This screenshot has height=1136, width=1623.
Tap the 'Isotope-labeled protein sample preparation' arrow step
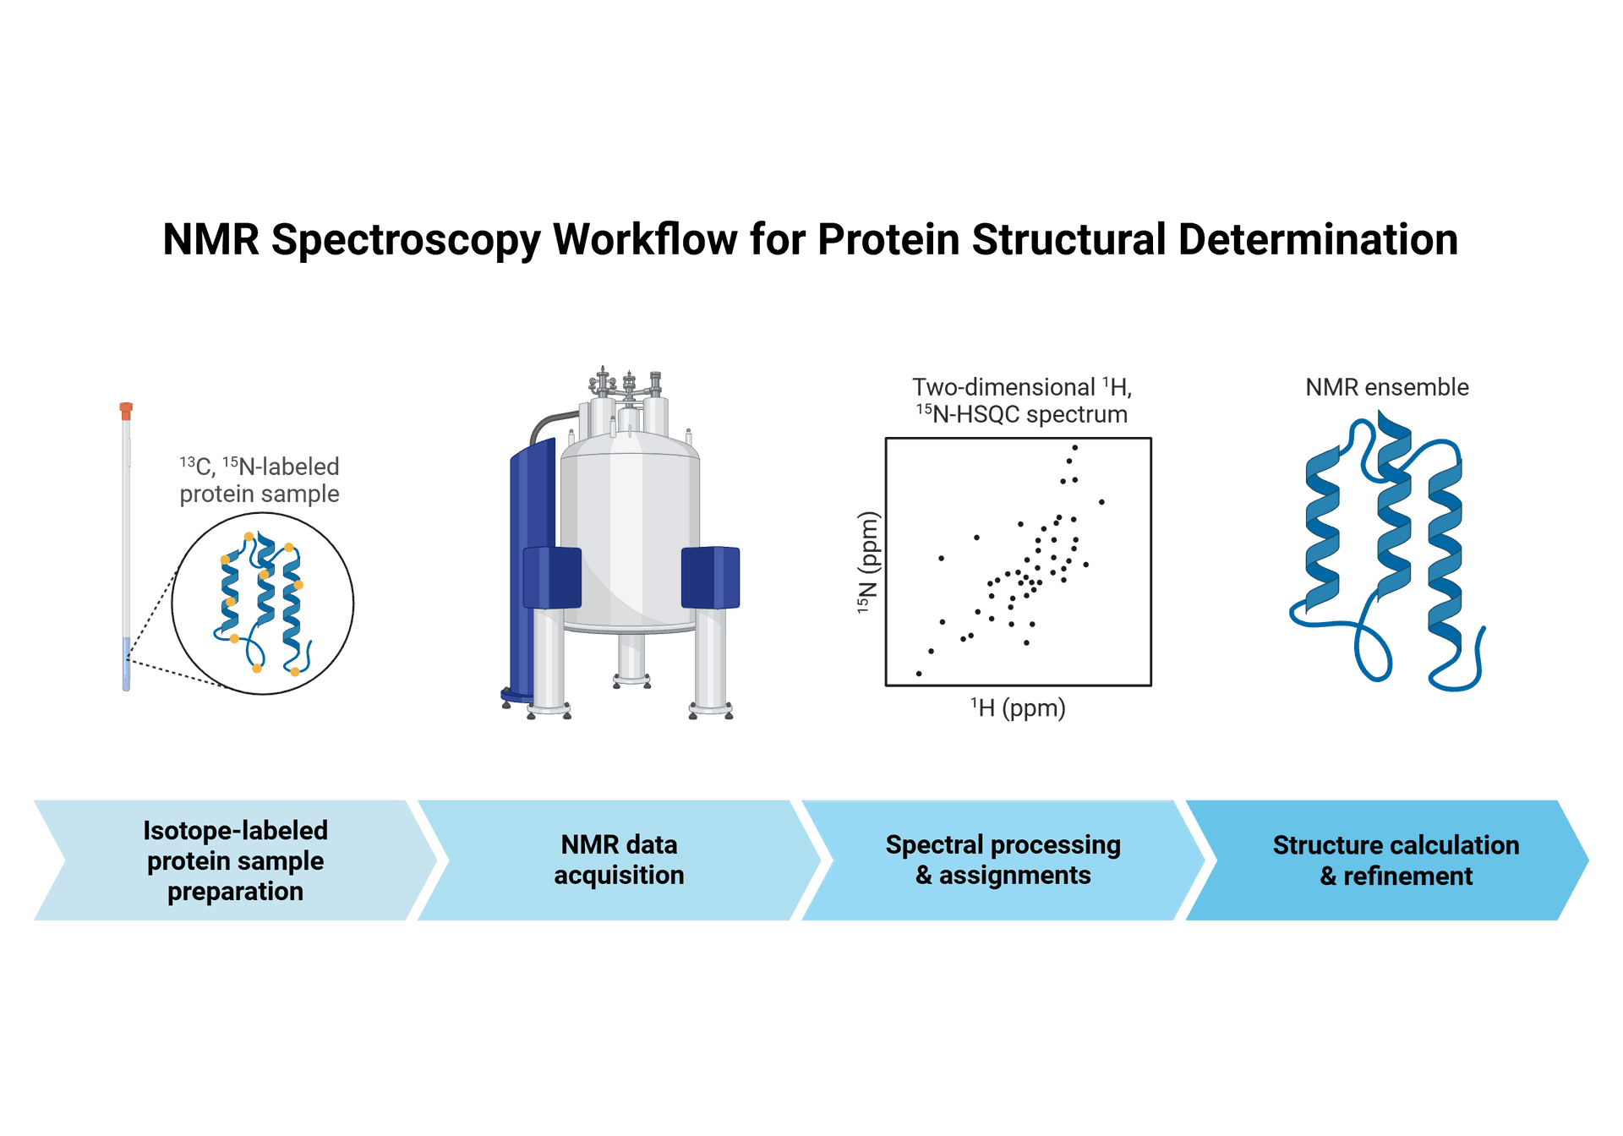coord(235,860)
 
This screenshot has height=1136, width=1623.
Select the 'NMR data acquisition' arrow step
coord(619,860)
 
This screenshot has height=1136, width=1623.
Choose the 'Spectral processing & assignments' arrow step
coord(1003,860)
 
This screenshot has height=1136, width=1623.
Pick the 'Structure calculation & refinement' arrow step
coord(1395,860)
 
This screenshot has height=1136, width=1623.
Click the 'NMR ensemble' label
coord(1387,387)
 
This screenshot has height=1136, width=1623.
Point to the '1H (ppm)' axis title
coord(1018,708)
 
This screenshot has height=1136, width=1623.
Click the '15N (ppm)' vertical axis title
coord(869,562)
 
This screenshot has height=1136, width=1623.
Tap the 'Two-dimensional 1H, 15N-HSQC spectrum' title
coord(1021,401)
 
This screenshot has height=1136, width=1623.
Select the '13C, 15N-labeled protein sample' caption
coord(260,480)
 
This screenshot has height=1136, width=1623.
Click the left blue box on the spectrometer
coord(552,577)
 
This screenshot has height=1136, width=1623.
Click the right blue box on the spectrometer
coord(710,577)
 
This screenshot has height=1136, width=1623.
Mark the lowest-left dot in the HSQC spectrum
coord(919,674)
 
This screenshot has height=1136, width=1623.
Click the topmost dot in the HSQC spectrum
coord(1075,447)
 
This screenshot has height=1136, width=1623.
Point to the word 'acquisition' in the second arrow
coord(619,876)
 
